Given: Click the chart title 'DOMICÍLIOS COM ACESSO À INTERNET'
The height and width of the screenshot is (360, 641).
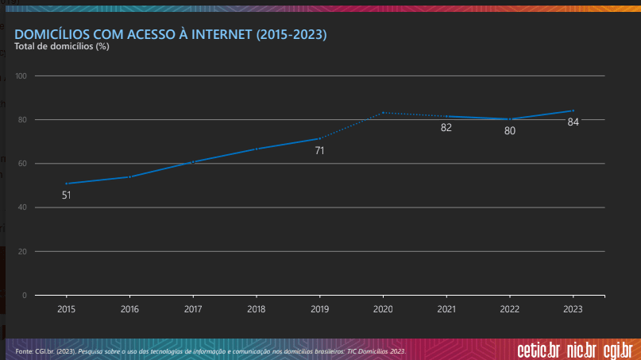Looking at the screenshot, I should pos(171,35).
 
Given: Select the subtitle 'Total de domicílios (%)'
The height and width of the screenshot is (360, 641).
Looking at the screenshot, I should pos(62,47).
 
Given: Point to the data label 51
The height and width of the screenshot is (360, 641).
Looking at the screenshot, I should pos(66,195).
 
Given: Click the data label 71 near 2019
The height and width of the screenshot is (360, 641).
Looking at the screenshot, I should pos(319,150).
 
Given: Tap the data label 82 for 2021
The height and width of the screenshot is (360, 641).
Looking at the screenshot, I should pos(446,127).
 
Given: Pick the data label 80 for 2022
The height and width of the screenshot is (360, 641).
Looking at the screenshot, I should pos(510,130).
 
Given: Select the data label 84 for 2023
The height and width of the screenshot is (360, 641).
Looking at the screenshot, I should pos(573,122).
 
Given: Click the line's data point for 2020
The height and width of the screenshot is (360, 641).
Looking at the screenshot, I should pos(383,112).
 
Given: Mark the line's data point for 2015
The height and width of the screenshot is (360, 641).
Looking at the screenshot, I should pos(66,184).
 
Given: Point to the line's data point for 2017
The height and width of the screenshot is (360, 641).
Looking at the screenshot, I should pos(193,162).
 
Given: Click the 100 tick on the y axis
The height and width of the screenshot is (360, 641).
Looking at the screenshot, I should pos(21,76).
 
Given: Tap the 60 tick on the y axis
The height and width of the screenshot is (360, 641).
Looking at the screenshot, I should pos(22,164).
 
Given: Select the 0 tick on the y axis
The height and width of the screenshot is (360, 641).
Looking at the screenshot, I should pos(25,296).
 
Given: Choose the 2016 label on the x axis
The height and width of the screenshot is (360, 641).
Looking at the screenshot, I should pos(129,308).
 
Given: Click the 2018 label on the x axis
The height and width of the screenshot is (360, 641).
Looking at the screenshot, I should pos(256,308).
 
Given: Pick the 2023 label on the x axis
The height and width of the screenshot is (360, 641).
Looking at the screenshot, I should pos(573,308).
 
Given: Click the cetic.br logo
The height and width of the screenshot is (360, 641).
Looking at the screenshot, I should pos(539,350).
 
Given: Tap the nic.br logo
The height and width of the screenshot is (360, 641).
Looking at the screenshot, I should pos(581,350).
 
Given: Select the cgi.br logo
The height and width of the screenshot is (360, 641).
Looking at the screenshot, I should pos(618,350).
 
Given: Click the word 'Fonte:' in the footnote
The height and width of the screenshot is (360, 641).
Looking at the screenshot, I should pos(24,350).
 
